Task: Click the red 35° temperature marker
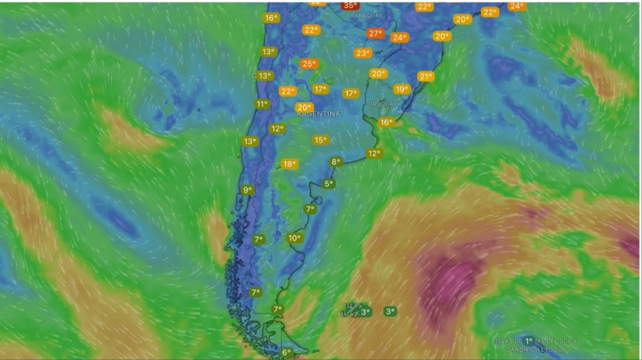tap(350, 6)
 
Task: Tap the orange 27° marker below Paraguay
tap(375, 34)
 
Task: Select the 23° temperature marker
tap(362, 53)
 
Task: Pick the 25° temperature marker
tap(308, 64)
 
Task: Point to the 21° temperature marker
tap(426, 77)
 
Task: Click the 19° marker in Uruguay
tap(402, 90)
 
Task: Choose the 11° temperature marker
tap(262, 104)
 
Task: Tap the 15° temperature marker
tap(320, 140)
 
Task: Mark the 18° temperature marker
tap(289, 164)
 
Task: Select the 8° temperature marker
tap(336, 162)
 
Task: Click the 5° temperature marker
tap(329, 184)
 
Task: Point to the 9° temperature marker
tap(248, 190)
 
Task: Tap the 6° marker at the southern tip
tap(286, 352)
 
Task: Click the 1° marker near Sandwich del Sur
tap(529, 341)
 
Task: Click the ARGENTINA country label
tap(318, 114)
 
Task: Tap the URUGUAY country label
tap(382, 104)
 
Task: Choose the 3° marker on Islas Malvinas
tap(365, 312)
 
